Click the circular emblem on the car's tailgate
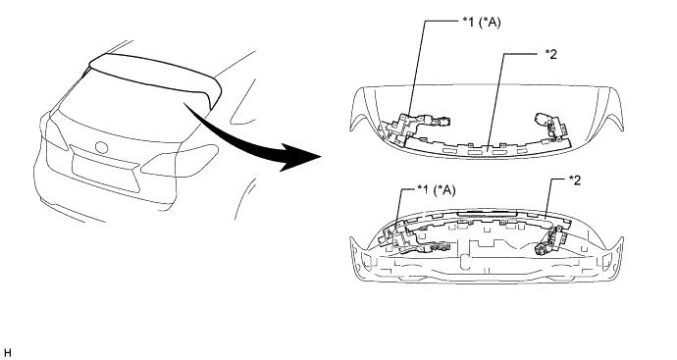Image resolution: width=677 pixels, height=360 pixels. click(x=102, y=147)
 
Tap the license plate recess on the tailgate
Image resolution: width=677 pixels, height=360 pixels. click(x=106, y=173)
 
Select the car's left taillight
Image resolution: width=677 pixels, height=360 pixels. click(x=54, y=132)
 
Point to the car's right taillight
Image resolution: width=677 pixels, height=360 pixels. click(x=181, y=159)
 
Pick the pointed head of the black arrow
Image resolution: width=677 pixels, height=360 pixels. click(x=323, y=156)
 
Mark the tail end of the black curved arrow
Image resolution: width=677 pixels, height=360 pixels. click(x=185, y=104)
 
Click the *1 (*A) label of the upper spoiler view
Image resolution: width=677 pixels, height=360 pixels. click(x=482, y=22)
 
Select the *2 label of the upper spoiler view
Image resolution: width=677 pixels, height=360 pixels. click(x=550, y=54)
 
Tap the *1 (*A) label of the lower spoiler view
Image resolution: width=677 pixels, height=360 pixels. click(x=436, y=190)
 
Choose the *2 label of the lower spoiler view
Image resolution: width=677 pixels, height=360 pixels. click(x=574, y=180)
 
